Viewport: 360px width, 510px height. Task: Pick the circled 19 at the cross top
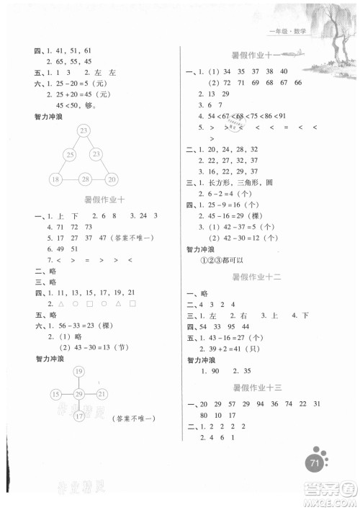tap(78, 372)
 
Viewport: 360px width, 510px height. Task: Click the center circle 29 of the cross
tap(78, 393)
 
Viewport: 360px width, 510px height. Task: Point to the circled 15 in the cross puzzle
tap(55, 393)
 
